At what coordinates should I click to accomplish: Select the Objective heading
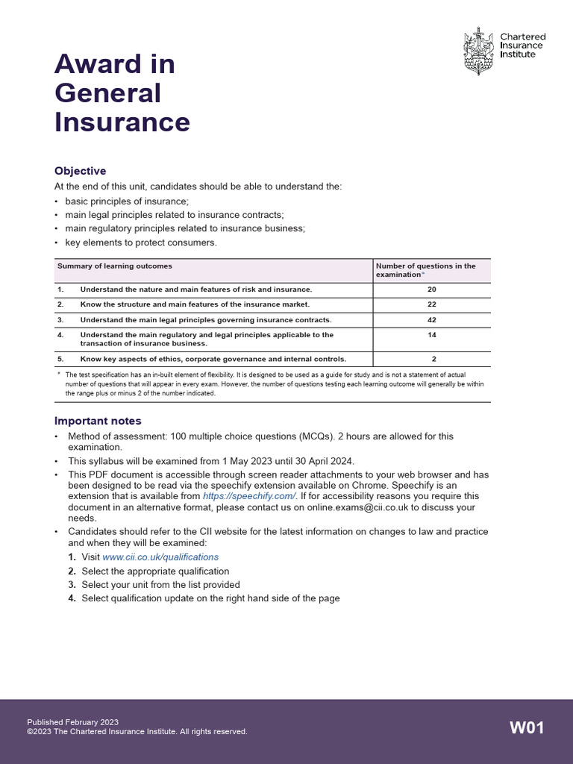tap(81, 171)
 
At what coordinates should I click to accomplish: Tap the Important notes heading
tap(98, 421)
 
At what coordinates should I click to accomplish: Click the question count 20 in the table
tap(432, 289)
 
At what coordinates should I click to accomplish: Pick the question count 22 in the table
tap(432, 304)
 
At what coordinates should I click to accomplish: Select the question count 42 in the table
tap(432, 320)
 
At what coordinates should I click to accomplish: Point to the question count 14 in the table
tap(432, 336)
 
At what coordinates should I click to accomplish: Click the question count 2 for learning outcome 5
tap(433, 359)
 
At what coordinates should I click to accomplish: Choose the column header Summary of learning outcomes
tap(115, 266)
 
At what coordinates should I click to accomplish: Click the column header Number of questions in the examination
tap(425, 270)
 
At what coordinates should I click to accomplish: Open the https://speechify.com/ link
tap(249, 496)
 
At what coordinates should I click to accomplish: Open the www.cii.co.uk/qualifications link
tap(160, 557)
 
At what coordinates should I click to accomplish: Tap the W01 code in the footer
tap(527, 727)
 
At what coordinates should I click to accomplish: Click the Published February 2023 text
tap(73, 722)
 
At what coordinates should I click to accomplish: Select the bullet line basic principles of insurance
tap(127, 201)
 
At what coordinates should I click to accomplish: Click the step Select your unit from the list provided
tap(160, 585)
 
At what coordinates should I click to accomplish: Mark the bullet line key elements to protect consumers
tap(141, 242)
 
